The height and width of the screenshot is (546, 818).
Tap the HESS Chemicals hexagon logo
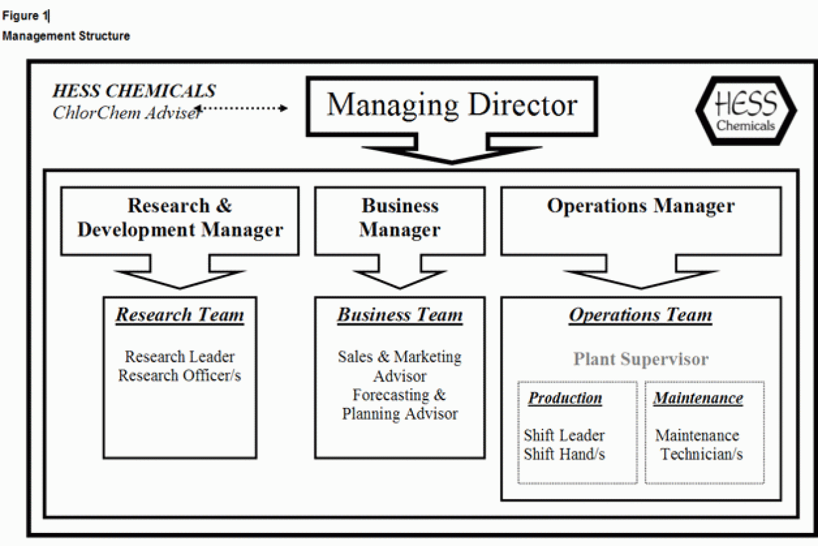tap(745, 113)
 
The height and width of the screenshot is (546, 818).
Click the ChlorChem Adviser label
tap(124, 113)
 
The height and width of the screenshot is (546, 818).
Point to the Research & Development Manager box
tap(180, 217)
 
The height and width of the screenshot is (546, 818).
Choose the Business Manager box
tap(399, 217)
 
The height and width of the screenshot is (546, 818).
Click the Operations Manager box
tap(640, 207)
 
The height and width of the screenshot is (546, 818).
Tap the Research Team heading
tap(180, 315)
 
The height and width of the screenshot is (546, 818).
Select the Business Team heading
tap(400, 315)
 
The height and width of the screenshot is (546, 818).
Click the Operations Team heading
tap(640, 315)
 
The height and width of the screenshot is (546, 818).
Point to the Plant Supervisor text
tap(641, 359)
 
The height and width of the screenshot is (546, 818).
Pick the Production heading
tap(565, 398)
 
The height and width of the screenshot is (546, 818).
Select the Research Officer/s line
tap(179, 376)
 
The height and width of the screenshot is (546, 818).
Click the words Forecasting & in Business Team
tap(399, 395)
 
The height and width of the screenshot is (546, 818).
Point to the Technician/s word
tap(702, 454)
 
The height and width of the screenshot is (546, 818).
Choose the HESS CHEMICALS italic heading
tap(134, 91)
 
